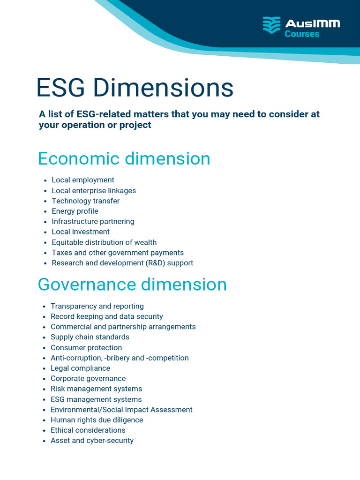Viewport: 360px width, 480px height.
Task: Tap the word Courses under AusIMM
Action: click(x=302, y=34)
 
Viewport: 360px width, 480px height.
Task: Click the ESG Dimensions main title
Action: click(x=135, y=88)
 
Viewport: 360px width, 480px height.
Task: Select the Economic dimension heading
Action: click(x=124, y=159)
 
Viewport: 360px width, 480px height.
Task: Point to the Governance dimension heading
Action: click(x=132, y=285)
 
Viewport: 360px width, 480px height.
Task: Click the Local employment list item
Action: click(x=83, y=180)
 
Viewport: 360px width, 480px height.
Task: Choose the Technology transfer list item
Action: click(x=86, y=201)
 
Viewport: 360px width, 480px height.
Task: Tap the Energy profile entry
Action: click(x=75, y=211)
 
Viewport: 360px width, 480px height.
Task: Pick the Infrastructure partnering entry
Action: click(x=93, y=221)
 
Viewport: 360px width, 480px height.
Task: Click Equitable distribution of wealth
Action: click(x=104, y=242)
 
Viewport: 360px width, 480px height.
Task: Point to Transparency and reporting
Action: click(x=97, y=306)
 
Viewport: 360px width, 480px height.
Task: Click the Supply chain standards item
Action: click(x=90, y=337)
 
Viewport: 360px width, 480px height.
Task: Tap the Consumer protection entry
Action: click(x=86, y=347)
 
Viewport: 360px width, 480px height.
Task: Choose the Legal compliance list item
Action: click(x=80, y=368)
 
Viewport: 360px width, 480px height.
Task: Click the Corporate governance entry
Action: click(x=88, y=378)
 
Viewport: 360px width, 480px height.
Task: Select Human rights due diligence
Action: click(x=97, y=420)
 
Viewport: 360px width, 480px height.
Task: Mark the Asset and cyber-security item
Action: click(x=92, y=441)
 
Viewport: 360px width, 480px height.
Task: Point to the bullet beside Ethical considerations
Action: click(x=45, y=430)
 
